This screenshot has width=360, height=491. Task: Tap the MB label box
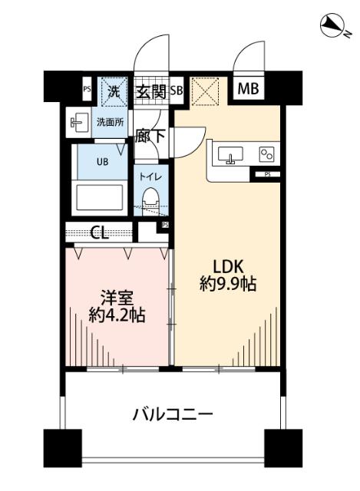click(x=248, y=89)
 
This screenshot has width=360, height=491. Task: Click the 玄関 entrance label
click(x=150, y=91)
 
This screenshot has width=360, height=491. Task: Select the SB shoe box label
click(x=176, y=91)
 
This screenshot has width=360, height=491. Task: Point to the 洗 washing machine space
click(x=114, y=91)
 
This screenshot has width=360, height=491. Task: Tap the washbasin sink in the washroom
click(x=79, y=121)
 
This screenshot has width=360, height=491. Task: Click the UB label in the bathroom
click(x=101, y=162)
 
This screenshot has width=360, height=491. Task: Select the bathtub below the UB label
click(x=101, y=196)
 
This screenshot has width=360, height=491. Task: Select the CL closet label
click(x=99, y=231)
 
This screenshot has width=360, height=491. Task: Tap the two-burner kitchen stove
click(x=266, y=154)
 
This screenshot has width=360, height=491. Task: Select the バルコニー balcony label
click(x=173, y=415)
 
